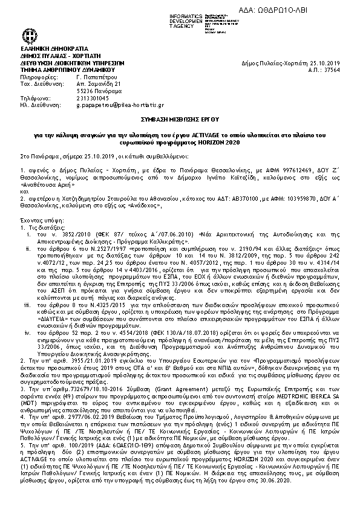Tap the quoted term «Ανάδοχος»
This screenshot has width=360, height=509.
point(146,206)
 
